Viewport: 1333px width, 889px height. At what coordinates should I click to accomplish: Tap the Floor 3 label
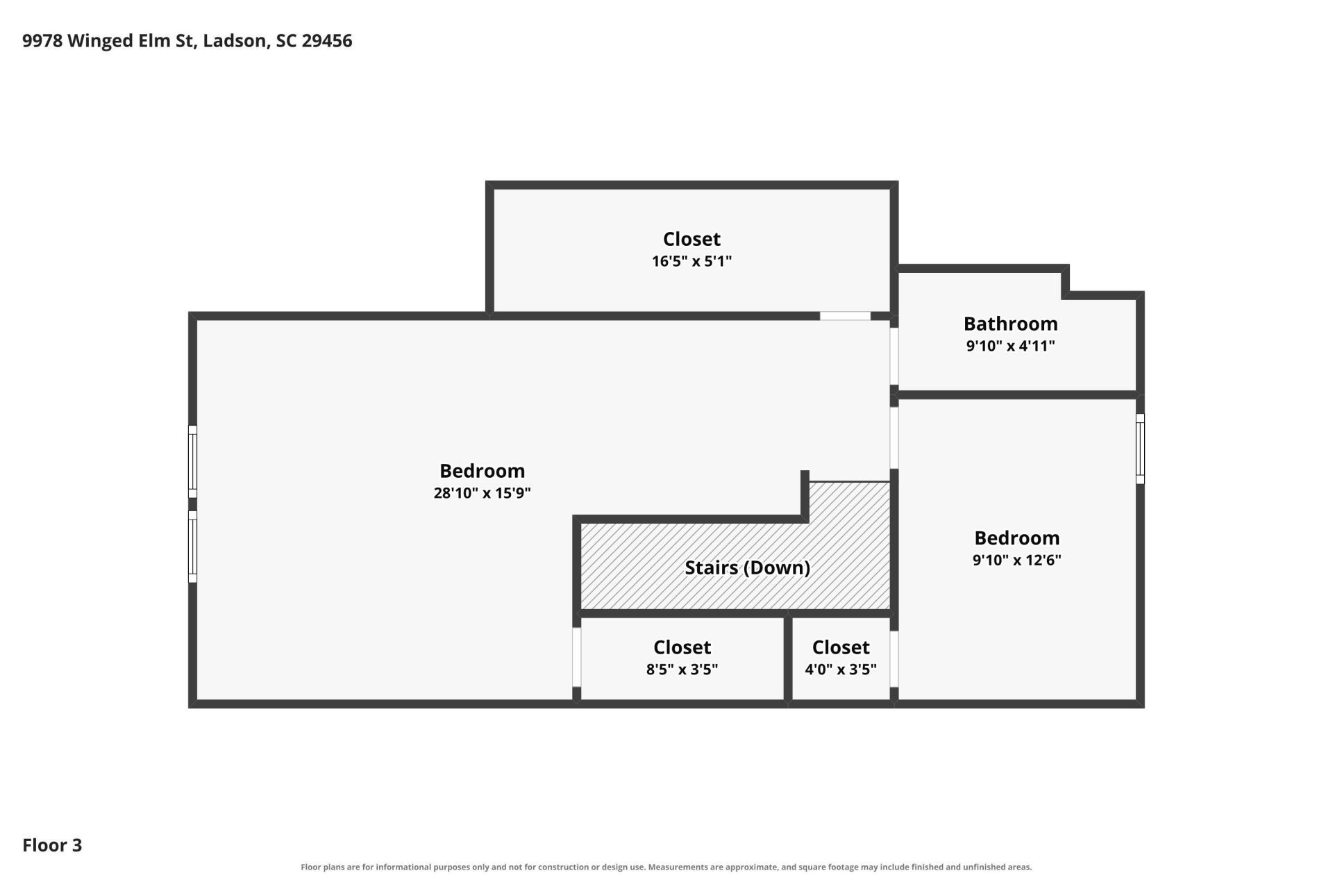coord(52,845)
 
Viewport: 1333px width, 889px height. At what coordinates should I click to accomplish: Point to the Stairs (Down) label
coord(747,568)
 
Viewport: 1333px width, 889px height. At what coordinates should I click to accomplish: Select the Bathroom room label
coord(1010,324)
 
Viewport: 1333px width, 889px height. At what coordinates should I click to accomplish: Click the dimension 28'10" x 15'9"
coord(482,493)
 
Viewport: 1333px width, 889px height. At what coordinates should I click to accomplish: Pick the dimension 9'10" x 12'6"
coord(1016,560)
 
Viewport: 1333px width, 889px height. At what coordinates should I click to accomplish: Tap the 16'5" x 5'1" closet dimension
coord(691,261)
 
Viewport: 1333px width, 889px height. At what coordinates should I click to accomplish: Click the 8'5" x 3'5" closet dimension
coord(682,670)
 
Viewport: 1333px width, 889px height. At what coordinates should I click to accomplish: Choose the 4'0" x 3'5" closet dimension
coord(840,670)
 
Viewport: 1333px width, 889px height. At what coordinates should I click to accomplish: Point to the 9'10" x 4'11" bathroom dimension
coord(1010,346)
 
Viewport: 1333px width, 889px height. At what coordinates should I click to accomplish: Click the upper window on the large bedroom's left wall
coord(193,462)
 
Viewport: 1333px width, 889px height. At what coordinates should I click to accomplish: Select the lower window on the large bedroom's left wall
coord(193,547)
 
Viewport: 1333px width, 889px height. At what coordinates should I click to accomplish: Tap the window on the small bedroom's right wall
coord(1140,449)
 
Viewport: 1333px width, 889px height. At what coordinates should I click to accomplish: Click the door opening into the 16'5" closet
coord(845,316)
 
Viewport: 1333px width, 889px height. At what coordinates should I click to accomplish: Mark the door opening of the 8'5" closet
coord(576,657)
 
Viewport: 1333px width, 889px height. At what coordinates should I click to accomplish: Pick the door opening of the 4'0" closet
coord(894,659)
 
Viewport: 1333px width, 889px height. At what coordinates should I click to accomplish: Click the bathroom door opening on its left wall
coord(894,356)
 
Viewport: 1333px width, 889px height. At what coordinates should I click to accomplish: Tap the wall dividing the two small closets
coord(788,659)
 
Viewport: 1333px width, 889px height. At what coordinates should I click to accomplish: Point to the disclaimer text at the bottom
coord(666,867)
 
